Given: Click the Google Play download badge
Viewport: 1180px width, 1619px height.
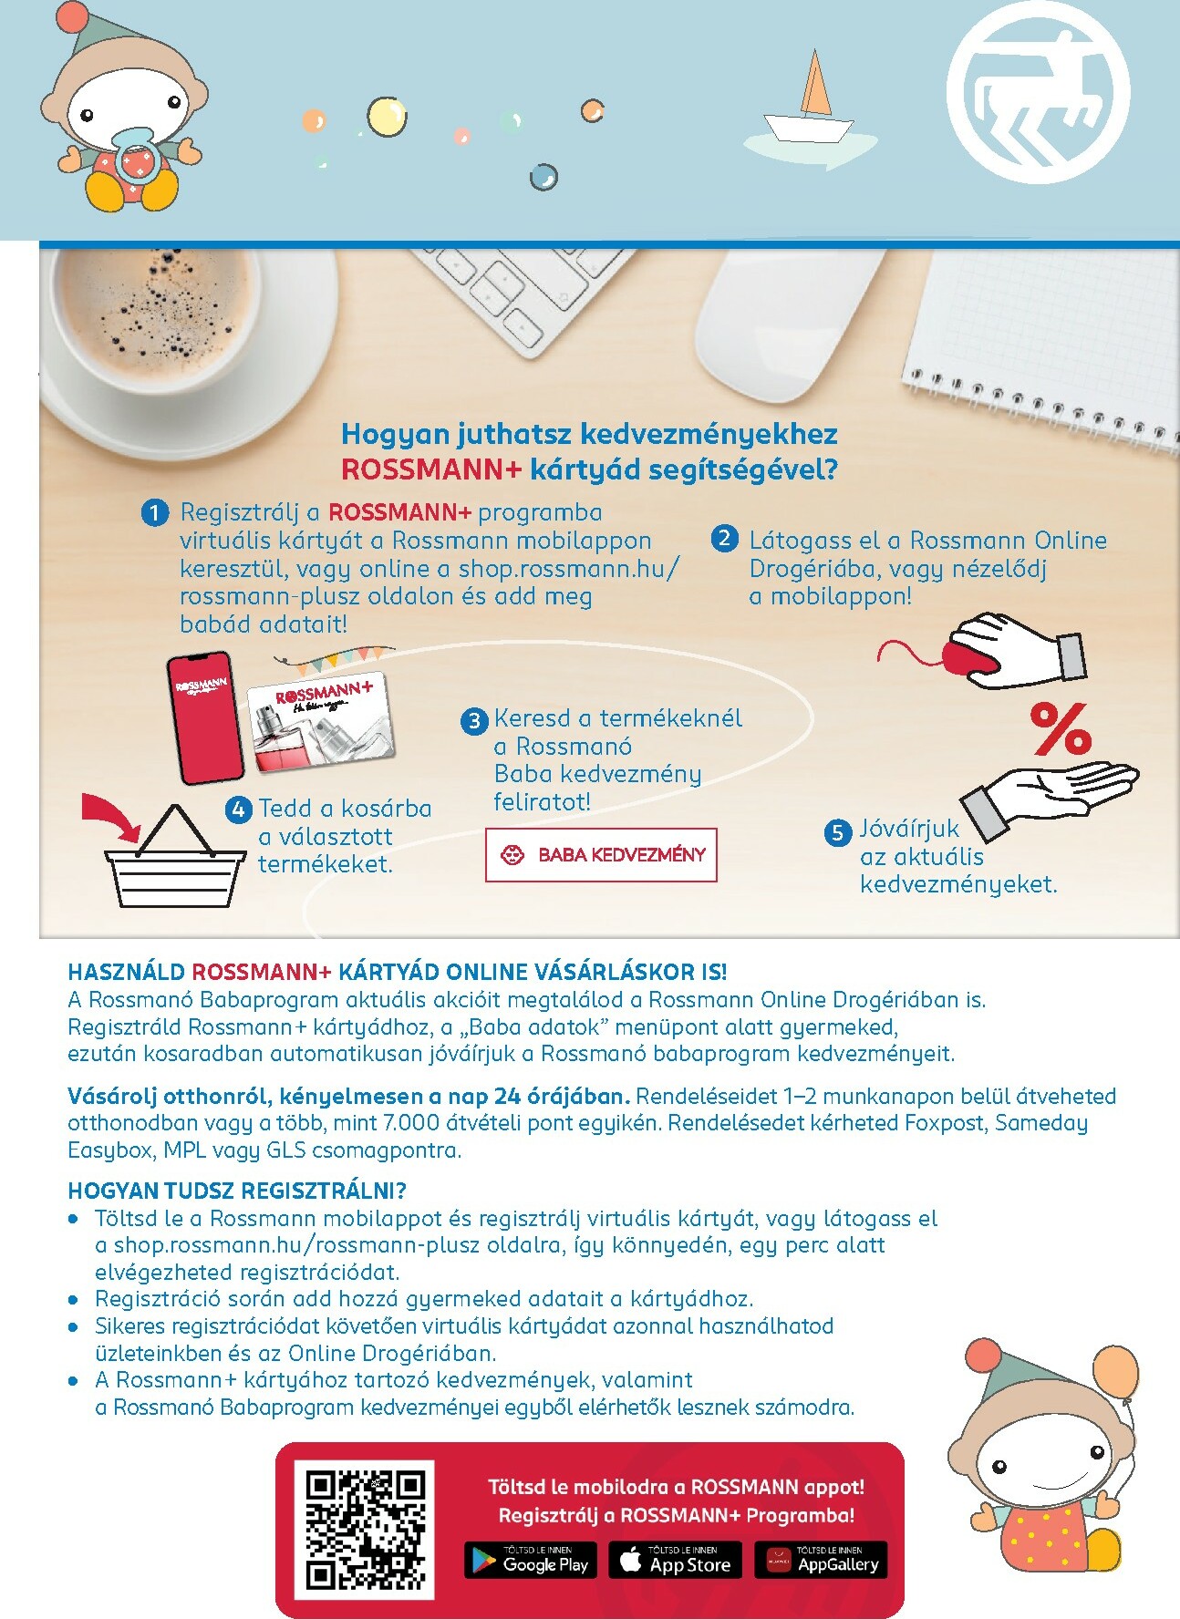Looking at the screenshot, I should [x=531, y=1560].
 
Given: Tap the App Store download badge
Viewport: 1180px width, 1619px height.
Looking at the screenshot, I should [x=676, y=1560].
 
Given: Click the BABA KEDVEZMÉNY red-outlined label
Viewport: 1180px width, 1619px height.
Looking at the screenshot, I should [x=601, y=855].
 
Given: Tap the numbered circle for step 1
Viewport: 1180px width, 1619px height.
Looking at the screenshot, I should [x=155, y=513].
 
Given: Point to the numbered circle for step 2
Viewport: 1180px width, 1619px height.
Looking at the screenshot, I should [x=724, y=538].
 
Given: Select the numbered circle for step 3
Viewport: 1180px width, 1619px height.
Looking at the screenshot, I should [x=474, y=722].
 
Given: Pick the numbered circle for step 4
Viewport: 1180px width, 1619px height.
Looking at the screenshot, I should [x=239, y=809].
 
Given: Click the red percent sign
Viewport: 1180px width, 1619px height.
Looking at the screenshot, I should [x=1061, y=728].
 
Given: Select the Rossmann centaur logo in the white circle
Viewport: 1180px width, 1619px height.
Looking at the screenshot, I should [x=1038, y=91].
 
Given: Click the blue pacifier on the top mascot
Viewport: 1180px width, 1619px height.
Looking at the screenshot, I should [x=136, y=157].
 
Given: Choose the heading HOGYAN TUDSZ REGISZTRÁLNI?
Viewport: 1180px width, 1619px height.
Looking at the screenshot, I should [x=237, y=1191].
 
